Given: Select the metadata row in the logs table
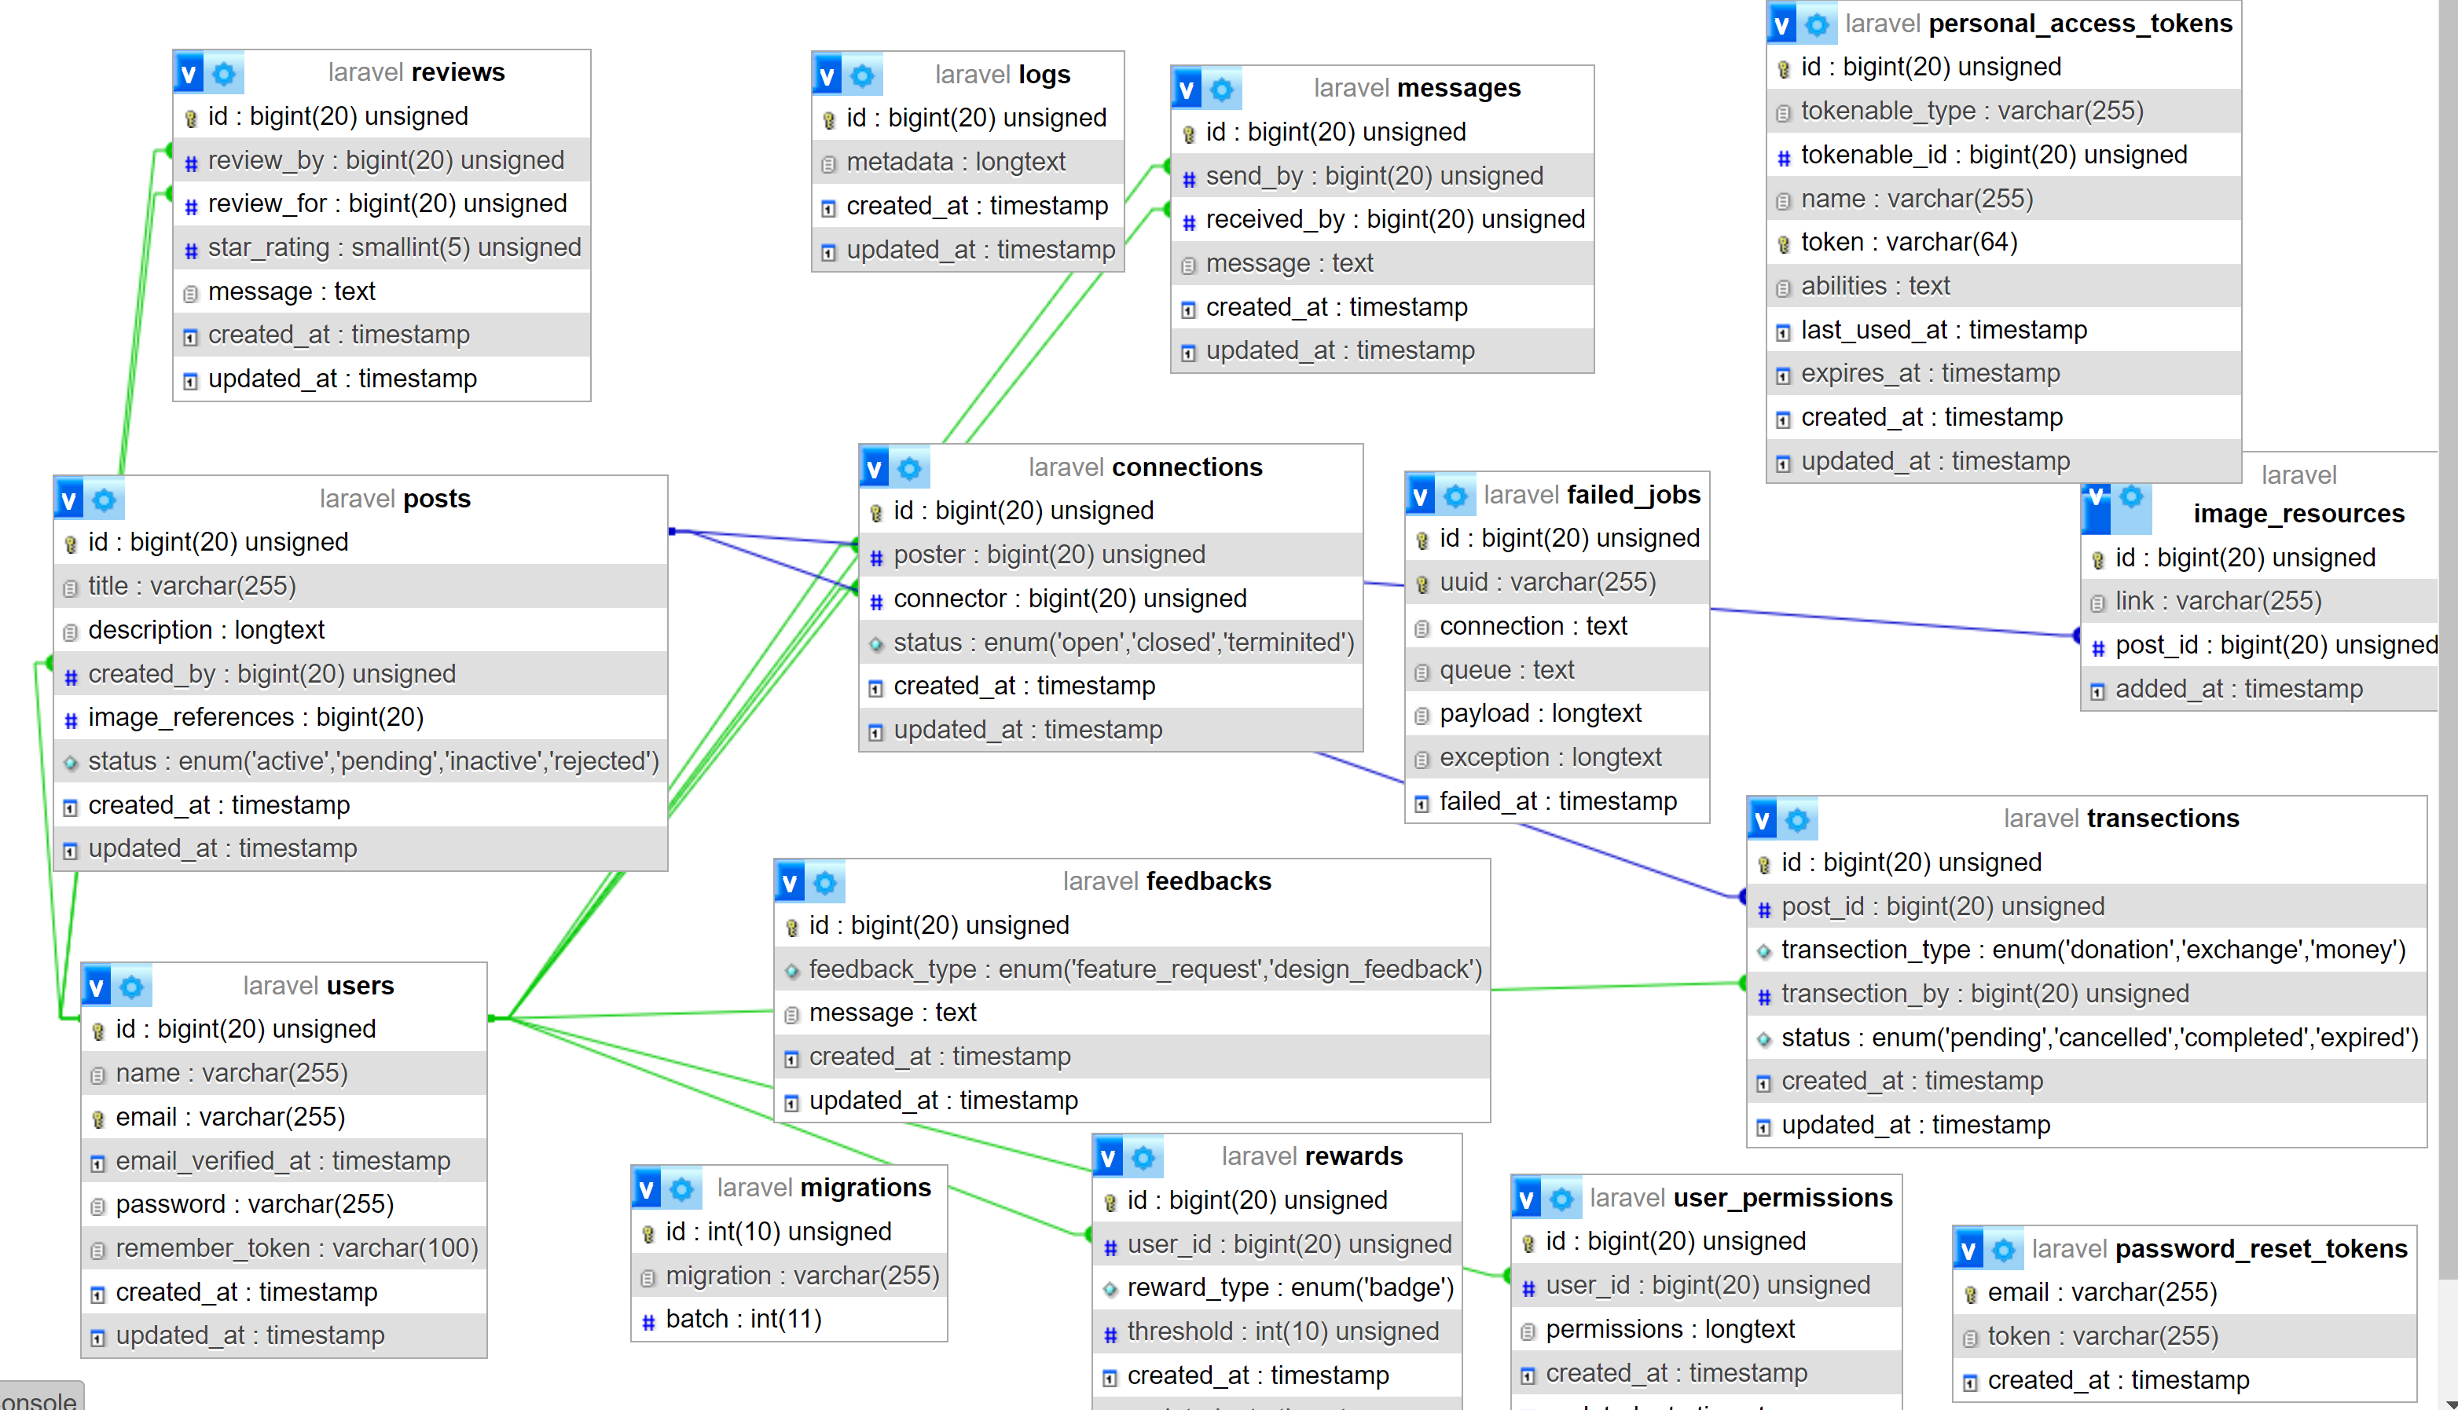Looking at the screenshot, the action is pos(955,162).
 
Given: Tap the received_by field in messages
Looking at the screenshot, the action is pos(1395,220).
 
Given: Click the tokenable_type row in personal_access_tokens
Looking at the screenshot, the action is pos(1971,112).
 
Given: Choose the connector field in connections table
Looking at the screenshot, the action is pos(1069,599).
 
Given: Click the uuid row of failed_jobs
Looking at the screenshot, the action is pos(1546,583).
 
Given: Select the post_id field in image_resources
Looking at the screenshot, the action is pos(2275,646).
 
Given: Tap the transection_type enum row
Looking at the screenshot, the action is pos(2092,950).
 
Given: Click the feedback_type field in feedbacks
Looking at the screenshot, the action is pos(1145,969).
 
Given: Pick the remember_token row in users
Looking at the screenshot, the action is pos(296,1248).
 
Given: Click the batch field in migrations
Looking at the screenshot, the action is pos(743,1319).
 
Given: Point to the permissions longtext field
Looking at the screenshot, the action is pos(1670,1330).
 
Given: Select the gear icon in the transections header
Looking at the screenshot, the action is pos(1797,820).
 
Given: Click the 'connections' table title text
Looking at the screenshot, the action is pos(1187,467).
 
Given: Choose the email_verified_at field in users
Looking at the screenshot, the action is pos(283,1161).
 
